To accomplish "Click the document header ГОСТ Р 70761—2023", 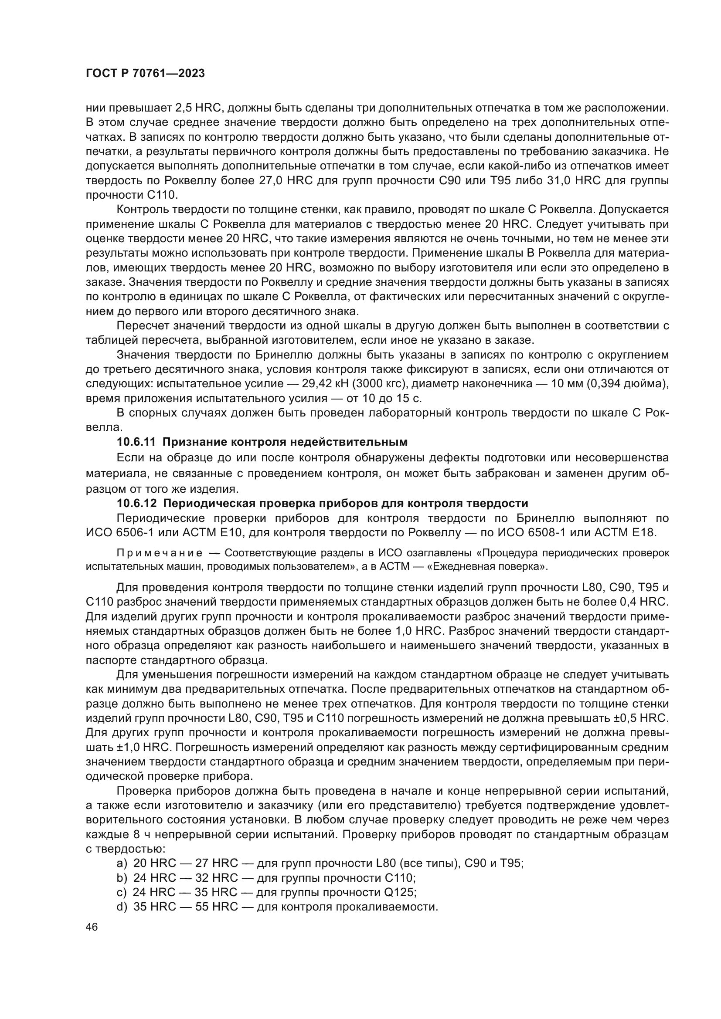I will pos(145,74).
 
